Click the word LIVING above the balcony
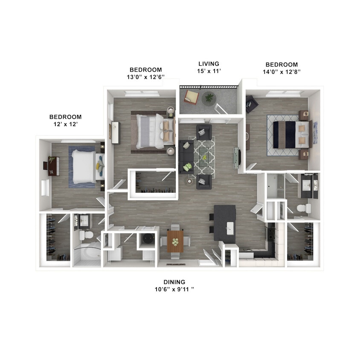coord(209,64)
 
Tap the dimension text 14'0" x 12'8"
coord(282,72)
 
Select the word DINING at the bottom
coord(174,282)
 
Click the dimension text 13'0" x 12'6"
coord(145,77)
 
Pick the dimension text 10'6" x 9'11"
coord(174,289)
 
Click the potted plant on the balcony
coord(209,98)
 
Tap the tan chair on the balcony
coord(191,97)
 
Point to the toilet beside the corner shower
coord(87,235)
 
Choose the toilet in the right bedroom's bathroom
coord(304,209)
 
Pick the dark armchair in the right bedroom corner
coord(251,104)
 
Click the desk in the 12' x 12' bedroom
coord(53,166)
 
